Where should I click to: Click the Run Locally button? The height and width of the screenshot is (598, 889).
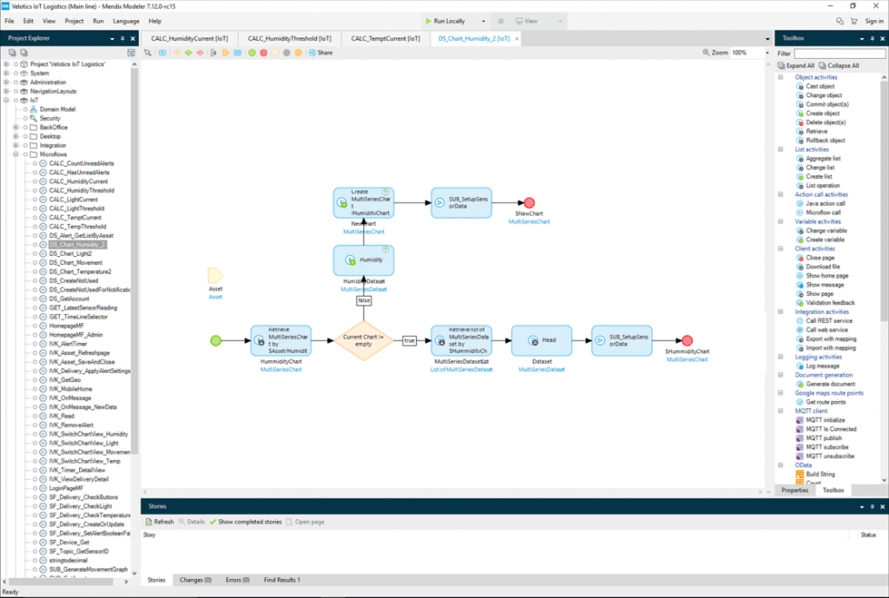(x=445, y=21)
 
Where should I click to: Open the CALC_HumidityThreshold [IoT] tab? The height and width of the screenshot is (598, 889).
(x=289, y=39)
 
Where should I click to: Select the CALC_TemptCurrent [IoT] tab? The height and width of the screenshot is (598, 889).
(x=385, y=39)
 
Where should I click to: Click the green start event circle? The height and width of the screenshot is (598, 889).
(x=216, y=340)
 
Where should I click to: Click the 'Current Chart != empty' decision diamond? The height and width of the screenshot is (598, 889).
(x=365, y=340)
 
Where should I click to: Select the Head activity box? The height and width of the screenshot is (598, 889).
(x=542, y=340)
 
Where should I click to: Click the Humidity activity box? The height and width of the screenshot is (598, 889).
(x=364, y=260)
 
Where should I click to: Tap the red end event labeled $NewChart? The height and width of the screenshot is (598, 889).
(x=529, y=202)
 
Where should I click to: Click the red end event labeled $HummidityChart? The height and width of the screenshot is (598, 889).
(x=687, y=340)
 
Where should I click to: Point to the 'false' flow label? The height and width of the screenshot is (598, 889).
(x=364, y=301)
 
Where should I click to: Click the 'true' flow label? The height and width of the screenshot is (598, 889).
(x=409, y=340)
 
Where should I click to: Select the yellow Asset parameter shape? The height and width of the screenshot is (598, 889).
(x=215, y=275)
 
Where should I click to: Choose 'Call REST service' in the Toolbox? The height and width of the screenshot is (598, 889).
(x=828, y=320)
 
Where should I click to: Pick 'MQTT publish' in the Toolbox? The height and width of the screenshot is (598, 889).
(x=824, y=438)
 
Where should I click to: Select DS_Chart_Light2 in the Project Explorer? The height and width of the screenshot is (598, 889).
(x=70, y=253)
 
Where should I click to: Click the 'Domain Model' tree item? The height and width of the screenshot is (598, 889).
(x=57, y=109)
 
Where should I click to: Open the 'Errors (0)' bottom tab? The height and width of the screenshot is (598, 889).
(x=237, y=580)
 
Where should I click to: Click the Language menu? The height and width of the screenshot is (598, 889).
(x=126, y=21)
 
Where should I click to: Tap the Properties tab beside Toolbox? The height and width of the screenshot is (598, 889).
(x=795, y=490)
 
